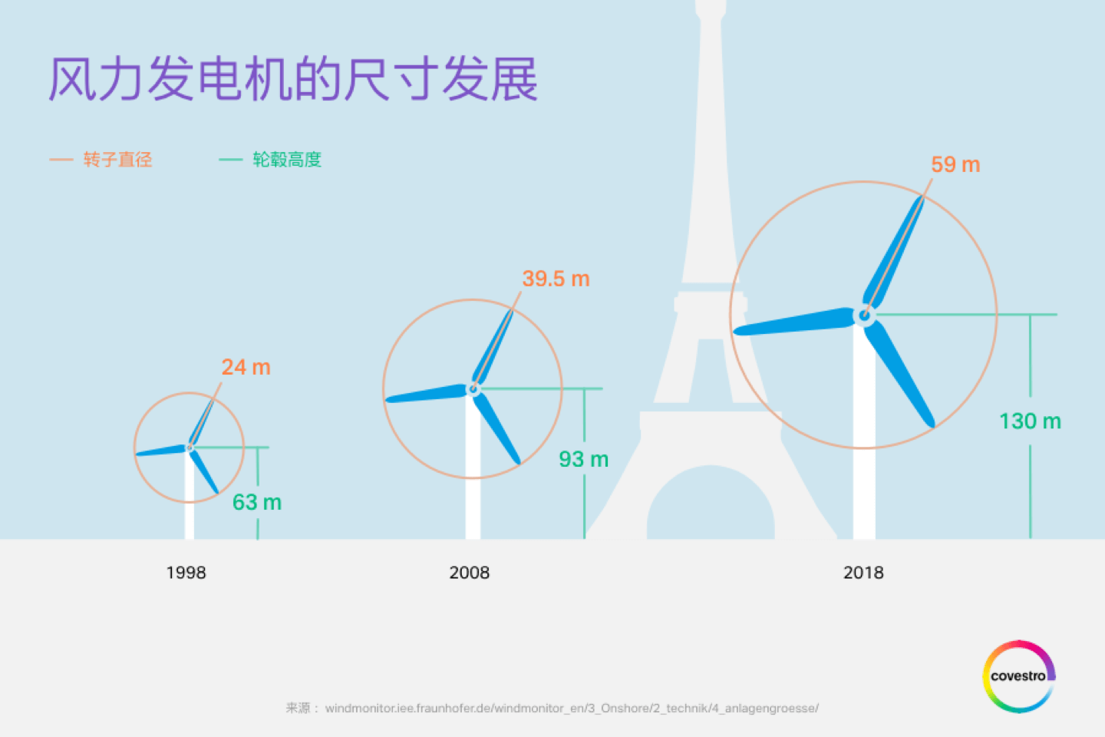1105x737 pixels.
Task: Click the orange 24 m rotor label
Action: click(246, 367)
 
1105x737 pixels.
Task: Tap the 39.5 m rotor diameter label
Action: click(556, 279)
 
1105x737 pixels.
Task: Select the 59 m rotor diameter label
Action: click(955, 164)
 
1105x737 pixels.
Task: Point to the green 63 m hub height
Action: click(257, 503)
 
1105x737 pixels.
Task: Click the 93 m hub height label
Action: click(583, 460)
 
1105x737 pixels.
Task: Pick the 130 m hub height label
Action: click(1030, 421)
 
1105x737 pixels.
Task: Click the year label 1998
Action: click(186, 573)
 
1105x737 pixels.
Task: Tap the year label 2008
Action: click(469, 573)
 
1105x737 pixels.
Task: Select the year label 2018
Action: click(863, 573)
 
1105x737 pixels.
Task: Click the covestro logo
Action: click(1019, 676)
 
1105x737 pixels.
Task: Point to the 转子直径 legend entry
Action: click(101, 160)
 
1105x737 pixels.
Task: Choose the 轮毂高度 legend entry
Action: click(270, 160)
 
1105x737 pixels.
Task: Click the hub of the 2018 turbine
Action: click(864, 315)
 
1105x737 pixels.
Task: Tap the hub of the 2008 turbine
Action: click(473, 389)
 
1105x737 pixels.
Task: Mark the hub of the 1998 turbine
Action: click(190, 448)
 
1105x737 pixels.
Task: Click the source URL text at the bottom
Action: click(552, 709)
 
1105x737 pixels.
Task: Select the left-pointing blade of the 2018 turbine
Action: click(793, 322)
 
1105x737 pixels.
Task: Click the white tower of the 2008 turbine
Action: click(473, 467)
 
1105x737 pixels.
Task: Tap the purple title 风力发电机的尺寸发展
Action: click(293, 79)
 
